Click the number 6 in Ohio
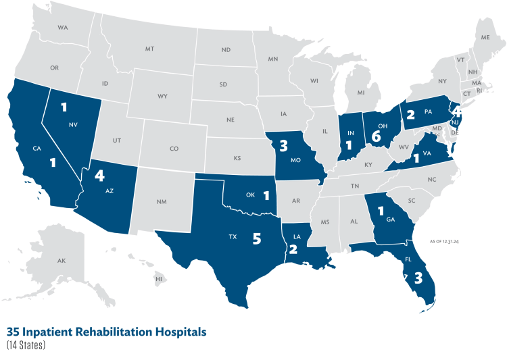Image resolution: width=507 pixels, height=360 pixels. point(377,136)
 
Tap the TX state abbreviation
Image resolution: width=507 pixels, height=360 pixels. point(233,237)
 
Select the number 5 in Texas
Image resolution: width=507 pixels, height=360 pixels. point(256,239)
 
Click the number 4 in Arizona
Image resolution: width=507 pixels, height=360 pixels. point(100,176)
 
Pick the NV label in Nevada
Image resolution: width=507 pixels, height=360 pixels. point(72,124)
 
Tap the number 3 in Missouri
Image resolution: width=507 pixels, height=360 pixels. point(283,143)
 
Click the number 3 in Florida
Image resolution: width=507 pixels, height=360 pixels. point(418,278)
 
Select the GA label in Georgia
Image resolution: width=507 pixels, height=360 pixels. point(391,220)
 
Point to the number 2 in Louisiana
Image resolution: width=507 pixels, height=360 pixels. point(293,249)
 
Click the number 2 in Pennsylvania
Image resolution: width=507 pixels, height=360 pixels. point(409,113)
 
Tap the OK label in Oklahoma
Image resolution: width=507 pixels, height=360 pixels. point(249,195)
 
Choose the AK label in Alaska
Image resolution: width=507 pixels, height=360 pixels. point(62,261)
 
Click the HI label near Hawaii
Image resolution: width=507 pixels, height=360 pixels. point(159,279)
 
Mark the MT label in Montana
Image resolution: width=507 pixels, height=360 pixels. point(149,49)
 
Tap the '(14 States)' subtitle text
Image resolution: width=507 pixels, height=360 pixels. point(26,345)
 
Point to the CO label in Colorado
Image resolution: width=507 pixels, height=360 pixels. point(174,149)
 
